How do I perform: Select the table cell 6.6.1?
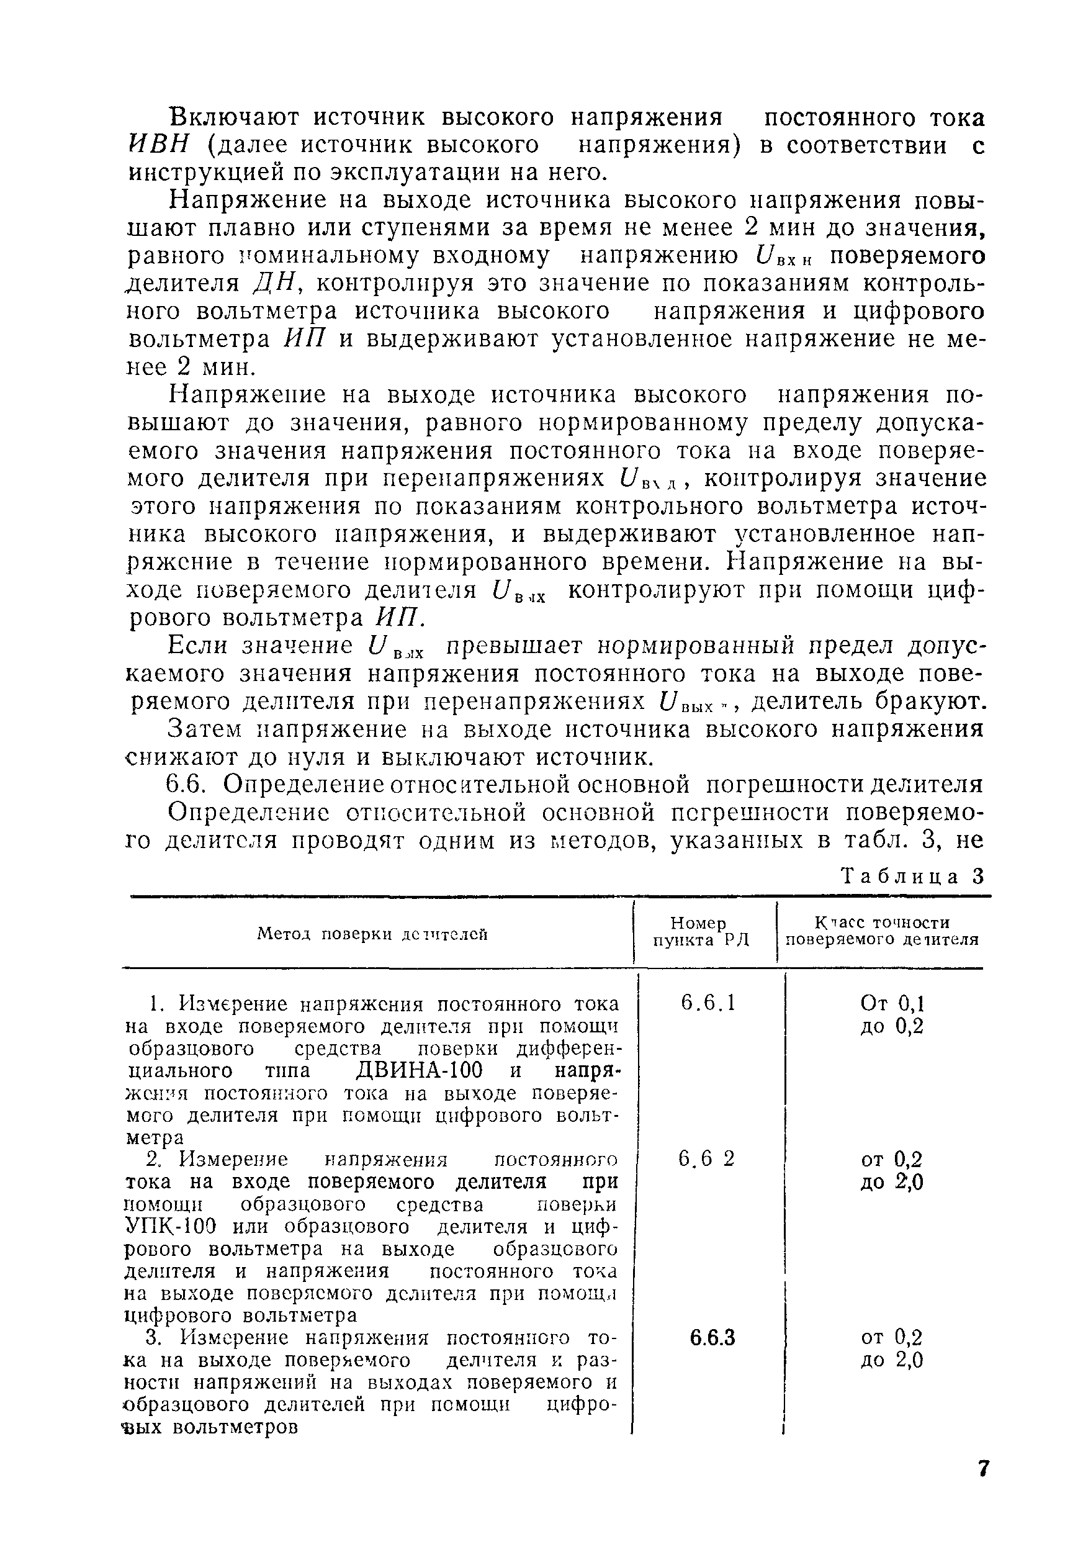click(708, 1003)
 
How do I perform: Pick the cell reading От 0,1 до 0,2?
click(891, 1014)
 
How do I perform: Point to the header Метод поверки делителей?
click(372, 934)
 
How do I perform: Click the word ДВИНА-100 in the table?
click(419, 1070)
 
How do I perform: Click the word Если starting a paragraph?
click(197, 646)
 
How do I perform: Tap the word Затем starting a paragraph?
click(205, 729)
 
